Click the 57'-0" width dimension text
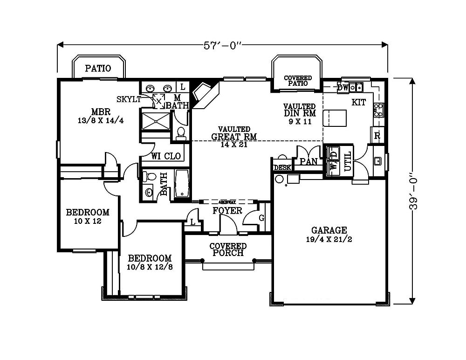(x=222, y=45)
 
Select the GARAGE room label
(x=329, y=230)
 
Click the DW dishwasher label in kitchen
(x=343, y=87)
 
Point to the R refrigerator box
(x=377, y=136)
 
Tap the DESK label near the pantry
(x=282, y=167)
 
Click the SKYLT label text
(x=129, y=99)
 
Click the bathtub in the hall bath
(x=182, y=184)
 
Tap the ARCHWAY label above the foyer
(x=227, y=202)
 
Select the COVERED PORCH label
(x=227, y=249)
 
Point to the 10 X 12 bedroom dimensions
(x=88, y=221)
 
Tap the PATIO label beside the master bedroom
(x=98, y=68)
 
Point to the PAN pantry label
(x=308, y=161)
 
